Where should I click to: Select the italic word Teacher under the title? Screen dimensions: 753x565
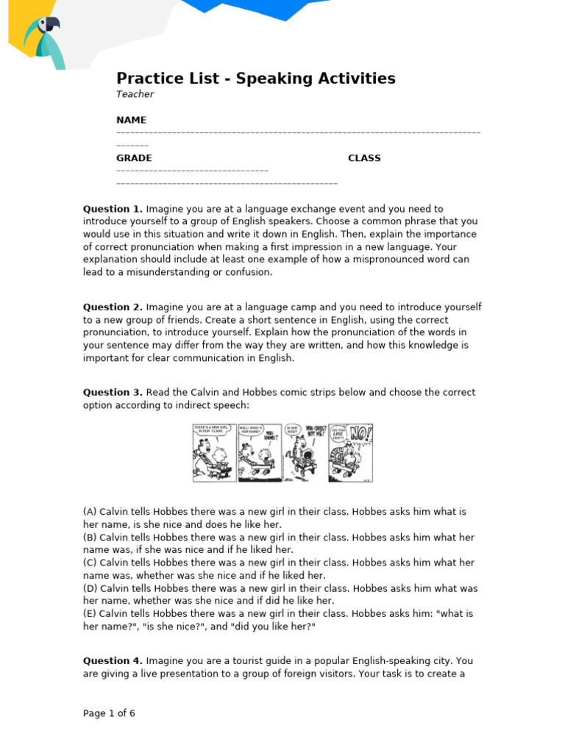point(135,94)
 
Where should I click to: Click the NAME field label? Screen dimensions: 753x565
point(131,120)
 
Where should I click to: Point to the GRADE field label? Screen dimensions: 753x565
point(134,158)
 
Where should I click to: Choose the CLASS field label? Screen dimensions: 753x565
point(364,158)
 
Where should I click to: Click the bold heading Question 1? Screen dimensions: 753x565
point(113,209)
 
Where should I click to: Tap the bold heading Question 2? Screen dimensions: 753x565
point(113,307)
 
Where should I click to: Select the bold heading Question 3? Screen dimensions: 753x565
point(113,393)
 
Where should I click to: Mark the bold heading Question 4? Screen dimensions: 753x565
point(113,660)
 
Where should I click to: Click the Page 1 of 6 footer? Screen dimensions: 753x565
point(109,713)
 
